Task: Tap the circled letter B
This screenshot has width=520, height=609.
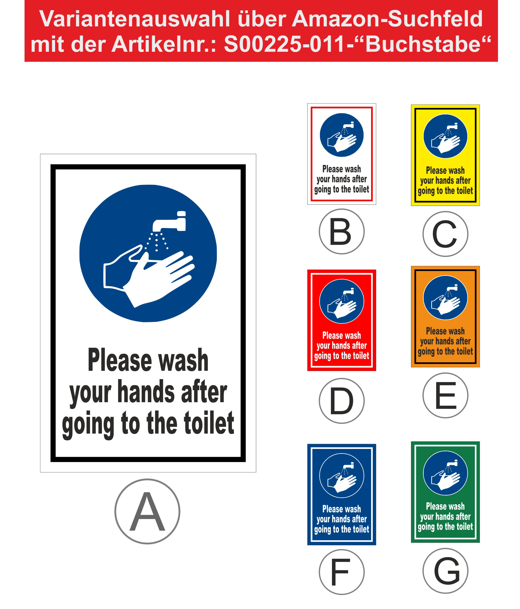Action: (x=342, y=231)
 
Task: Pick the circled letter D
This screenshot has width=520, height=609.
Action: (x=342, y=400)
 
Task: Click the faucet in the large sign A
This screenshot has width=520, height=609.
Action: (x=169, y=221)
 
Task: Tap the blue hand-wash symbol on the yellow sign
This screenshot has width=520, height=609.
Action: (x=445, y=136)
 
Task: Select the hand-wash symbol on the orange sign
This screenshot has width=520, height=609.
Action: (x=445, y=298)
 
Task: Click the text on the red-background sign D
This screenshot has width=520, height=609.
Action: (x=342, y=346)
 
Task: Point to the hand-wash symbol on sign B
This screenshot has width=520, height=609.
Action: (x=342, y=135)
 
